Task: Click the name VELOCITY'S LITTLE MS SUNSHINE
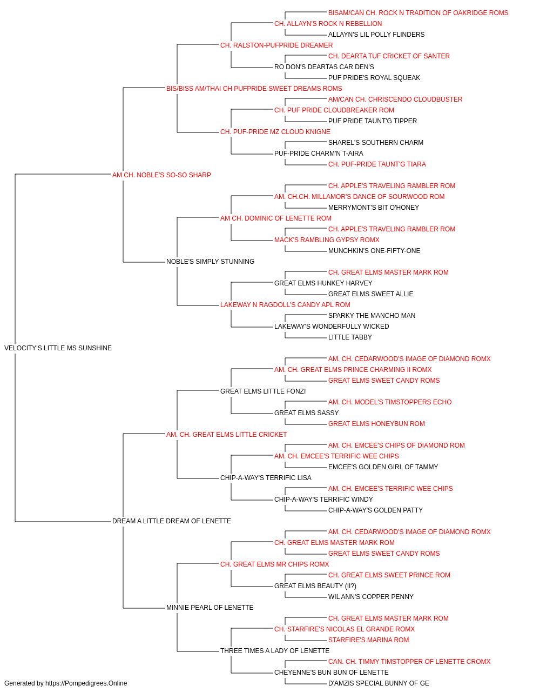[58, 348]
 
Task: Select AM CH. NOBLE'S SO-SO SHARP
[161, 175]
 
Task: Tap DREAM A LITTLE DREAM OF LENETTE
[171, 521]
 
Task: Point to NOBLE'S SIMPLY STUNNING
[210, 262]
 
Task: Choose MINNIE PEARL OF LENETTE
[210, 608]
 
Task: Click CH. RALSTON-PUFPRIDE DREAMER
[276, 45]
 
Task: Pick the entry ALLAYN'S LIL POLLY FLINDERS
[376, 35]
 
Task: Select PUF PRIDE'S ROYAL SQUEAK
[374, 78]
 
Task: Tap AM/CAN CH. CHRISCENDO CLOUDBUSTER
[395, 99]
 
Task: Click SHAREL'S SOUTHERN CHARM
[376, 143]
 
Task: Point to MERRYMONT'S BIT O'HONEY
[374, 208]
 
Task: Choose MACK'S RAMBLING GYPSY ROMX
[327, 240]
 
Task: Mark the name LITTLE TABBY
[350, 337]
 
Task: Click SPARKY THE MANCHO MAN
[372, 316]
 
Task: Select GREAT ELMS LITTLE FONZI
[263, 391]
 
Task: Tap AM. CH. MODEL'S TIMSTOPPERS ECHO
[390, 402]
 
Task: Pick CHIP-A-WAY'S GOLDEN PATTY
[376, 510]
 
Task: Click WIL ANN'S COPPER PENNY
[371, 597]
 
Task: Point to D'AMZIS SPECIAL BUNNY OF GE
[379, 683]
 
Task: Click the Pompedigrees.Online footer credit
[65, 683]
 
